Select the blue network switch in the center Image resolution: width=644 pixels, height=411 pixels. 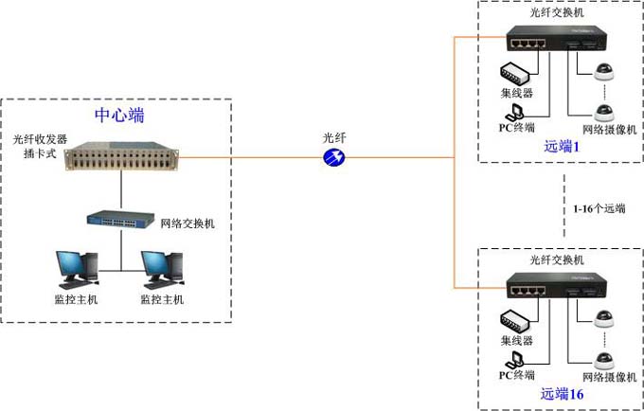click(122, 219)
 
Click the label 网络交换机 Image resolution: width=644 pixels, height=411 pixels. click(189, 223)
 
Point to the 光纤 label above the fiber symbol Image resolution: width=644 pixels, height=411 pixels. click(334, 138)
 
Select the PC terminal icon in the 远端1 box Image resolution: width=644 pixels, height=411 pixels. click(516, 112)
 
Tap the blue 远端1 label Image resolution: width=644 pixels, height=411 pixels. click(561, 146)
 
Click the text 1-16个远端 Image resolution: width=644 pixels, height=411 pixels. click(599, 208)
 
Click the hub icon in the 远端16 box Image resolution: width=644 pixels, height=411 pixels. click(517, 320)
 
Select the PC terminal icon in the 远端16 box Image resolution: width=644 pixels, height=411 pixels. click(516, 360)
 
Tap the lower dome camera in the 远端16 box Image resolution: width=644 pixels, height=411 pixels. click(602, 361)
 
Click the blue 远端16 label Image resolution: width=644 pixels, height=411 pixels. click(563, 393)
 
